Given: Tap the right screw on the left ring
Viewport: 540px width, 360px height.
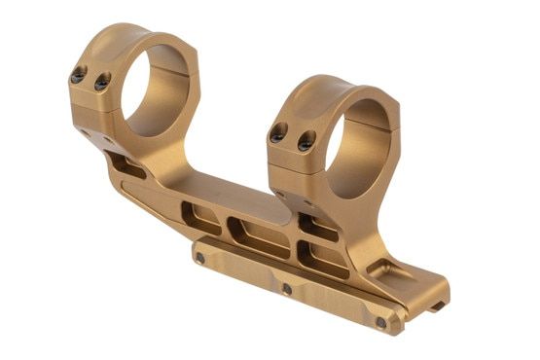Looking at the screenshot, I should pos(101,84).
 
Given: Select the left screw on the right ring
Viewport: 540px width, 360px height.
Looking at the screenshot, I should pos(277,135).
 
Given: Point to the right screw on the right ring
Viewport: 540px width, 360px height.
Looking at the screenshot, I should pos(305,143).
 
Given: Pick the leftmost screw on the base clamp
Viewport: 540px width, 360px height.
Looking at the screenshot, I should pos(199,258).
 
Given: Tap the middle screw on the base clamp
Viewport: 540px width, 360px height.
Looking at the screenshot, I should pos(286,289).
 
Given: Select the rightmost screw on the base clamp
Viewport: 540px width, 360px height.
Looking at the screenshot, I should pos(380,322).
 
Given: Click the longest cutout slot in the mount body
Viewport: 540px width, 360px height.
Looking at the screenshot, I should pos(259,238).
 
